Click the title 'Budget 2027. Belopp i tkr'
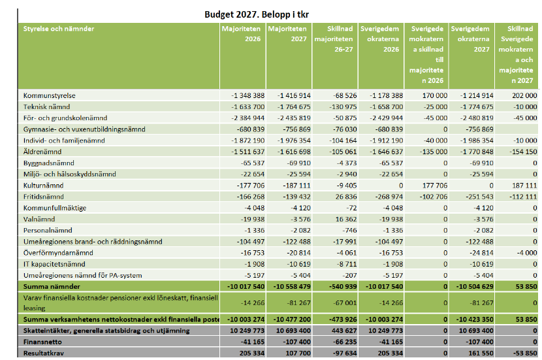(257, 14)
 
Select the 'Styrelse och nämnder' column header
(58, 29)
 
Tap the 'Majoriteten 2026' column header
(241, 33)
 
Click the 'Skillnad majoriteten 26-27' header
(334, 39)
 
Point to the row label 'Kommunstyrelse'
(50, 95)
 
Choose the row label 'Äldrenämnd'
(42, 152)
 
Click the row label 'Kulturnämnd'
(44, 186)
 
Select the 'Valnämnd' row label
(39, 219)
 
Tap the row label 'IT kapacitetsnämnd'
(54, 264)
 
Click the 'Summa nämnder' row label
(52, 286)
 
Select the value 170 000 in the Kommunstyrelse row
(435, 95)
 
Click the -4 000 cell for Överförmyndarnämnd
(527, 253)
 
